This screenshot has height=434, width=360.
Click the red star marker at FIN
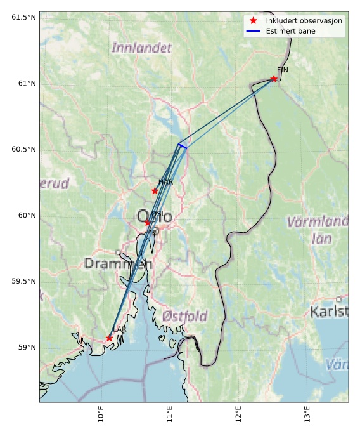pos(274,79)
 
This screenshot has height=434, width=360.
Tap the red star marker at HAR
pos(155,190)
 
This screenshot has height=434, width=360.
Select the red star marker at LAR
pos(110,338)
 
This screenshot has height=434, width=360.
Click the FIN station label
pos(282,70)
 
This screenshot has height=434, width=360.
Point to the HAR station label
pos(165,182)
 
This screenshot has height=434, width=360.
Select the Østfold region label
pos(184,316)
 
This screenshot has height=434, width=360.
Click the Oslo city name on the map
pos(154,216)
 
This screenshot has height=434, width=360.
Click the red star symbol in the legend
pos(253,21)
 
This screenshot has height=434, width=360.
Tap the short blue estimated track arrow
pos(183,147)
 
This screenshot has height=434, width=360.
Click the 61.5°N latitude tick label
pos(23,17)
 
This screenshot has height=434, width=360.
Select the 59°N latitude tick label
pos(27,347)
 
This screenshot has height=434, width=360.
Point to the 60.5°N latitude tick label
pos(23,149)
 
